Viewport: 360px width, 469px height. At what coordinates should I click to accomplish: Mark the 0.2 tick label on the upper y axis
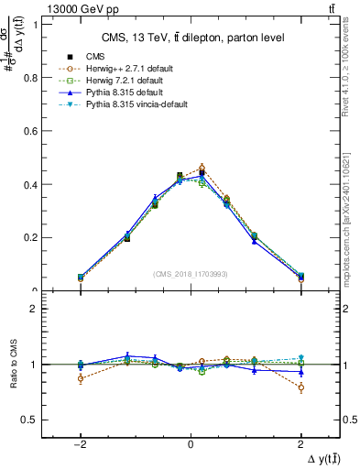[x=29, y=237]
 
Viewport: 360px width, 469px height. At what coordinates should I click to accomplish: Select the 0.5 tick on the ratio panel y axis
[x=29, y=420]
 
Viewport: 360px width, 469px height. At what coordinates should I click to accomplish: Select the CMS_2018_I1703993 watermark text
[x=191, y=273]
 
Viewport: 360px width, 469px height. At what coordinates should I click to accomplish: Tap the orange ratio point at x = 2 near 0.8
[x=300, y=387]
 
